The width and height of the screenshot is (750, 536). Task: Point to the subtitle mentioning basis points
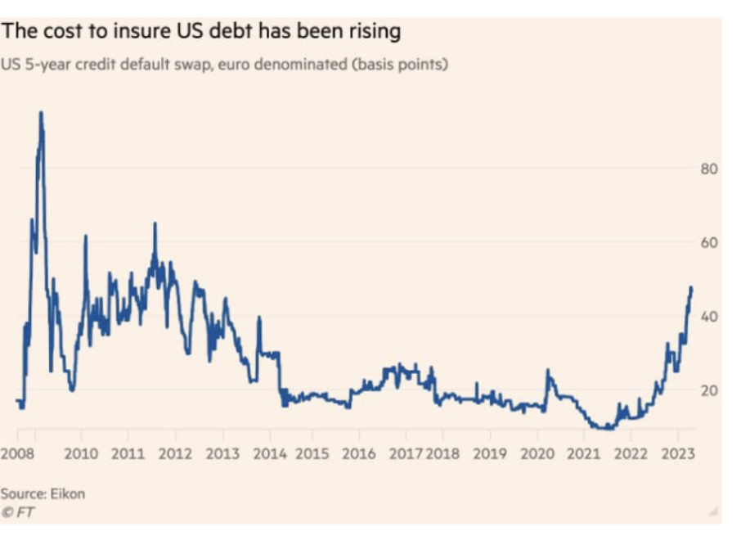224,65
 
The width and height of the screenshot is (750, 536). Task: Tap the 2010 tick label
81,453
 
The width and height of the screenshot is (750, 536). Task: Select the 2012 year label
175,453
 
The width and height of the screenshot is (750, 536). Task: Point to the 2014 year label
270,453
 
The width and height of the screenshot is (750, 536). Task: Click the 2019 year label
490,453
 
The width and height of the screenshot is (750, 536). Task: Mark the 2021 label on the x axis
584,453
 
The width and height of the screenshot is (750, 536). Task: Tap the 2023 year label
678,453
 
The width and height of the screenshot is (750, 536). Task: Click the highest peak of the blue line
40,113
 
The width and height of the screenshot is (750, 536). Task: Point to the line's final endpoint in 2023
692,288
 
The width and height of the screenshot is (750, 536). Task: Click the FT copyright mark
18,512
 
